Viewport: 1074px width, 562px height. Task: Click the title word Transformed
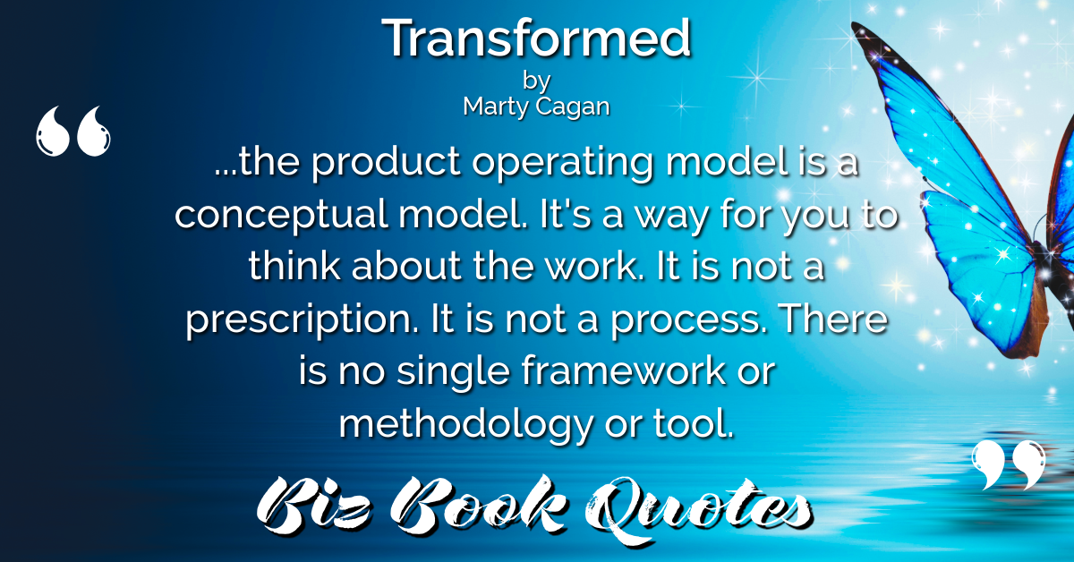pyautogui.click(x=536, y=38)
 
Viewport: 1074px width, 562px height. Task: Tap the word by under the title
pyautogui.click(x=536, y=81)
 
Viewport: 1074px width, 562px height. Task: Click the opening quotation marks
pyautogui.click(x=73, y=131)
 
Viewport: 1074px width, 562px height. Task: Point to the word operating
pyautogui.click(x=563, y=163)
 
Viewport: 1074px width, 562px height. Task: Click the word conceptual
pyautogui.click(x=281, y=215)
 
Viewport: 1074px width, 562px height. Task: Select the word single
pyautogui.click(x=453, y=371)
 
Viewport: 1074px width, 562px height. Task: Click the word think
pyautogui.click(x=294, y=266)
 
